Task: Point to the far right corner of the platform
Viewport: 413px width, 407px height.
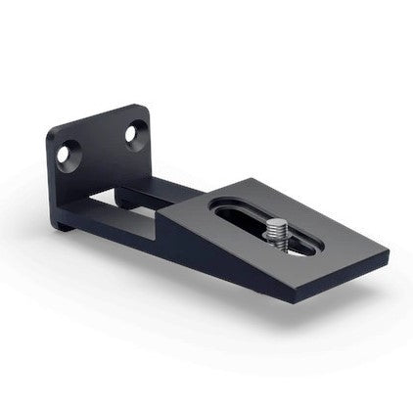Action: click(x=388, y=252)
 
